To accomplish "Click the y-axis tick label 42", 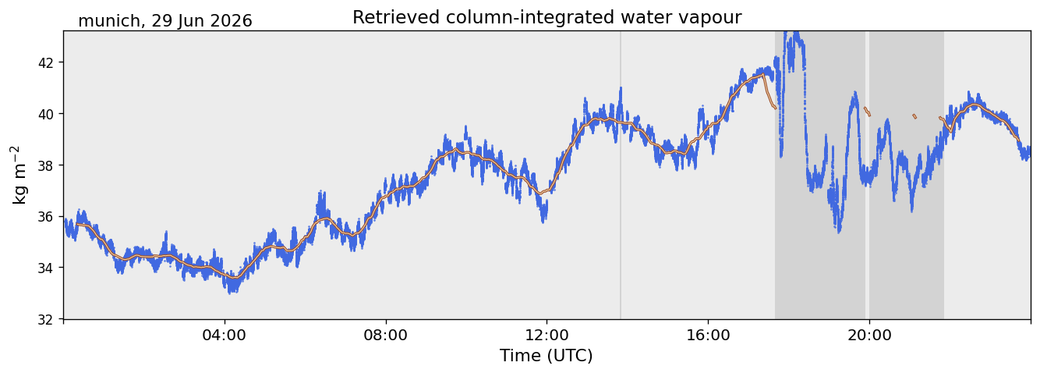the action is tap(47, 62).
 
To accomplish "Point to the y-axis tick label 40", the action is tap(47, 114).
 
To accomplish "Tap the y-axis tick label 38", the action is tap(47, 165).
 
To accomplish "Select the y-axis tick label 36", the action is tap(47, 217).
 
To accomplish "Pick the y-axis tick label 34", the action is tap(47, 268).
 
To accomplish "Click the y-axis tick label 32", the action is tap(47, 320).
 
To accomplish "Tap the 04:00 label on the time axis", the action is tap(225, 335).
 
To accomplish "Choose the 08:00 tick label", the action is tap(386, 335).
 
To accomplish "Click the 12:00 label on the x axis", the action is tap(547, 335).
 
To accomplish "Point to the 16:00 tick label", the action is tap(708, 335).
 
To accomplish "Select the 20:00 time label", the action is tap(869, 335).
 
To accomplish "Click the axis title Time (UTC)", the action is tap(547, 356).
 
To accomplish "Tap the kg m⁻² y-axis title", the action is tap(19, 175).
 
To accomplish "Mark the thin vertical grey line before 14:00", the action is tap(621, 175).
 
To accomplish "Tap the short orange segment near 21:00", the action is tap(914, 116).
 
